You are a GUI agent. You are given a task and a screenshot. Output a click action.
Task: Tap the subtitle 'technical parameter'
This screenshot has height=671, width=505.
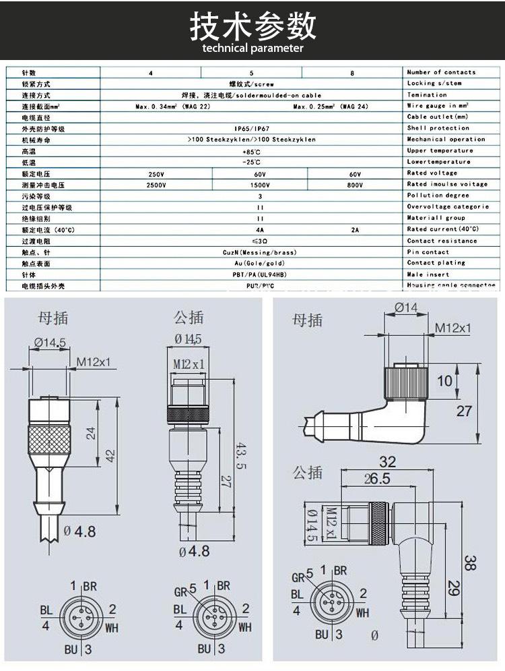click(x=252, y=49)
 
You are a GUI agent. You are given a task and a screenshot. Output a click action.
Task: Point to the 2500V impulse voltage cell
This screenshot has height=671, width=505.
click(x=156, y=185)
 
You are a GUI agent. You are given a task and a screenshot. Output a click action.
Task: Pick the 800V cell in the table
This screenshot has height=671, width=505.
click(x=354, y=185)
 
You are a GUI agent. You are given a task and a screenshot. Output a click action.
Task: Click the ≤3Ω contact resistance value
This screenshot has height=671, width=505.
click(x=260, y=241)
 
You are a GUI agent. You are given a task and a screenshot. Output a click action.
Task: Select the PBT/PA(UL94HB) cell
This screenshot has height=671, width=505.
click(x=260, y=274)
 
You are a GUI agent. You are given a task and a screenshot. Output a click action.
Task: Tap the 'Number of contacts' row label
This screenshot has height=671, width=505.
click(x=441, y=72)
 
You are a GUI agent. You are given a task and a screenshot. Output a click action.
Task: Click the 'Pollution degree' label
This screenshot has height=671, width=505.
click(x=438, y=196)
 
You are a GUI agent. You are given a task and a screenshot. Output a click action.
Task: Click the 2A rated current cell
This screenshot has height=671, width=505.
click(x=355, y=230)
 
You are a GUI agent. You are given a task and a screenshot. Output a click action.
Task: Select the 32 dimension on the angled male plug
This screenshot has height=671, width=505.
click(x=387, y=462)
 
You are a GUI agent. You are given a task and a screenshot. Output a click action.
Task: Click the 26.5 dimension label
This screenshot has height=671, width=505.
click(x=377, y=479)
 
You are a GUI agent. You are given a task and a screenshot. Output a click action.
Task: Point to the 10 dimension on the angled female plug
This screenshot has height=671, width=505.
click(x=445, y=381)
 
